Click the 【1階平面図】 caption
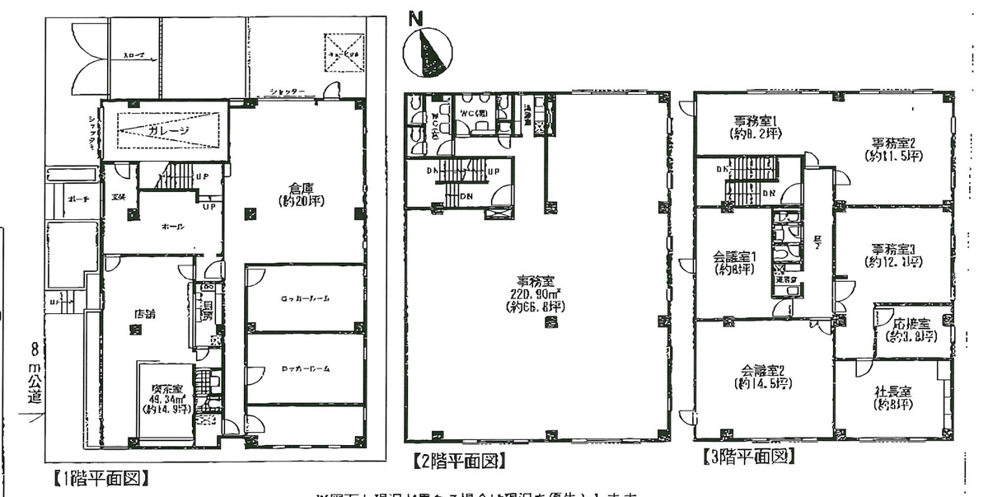coord(98,476)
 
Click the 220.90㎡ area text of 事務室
coord(535,294)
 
